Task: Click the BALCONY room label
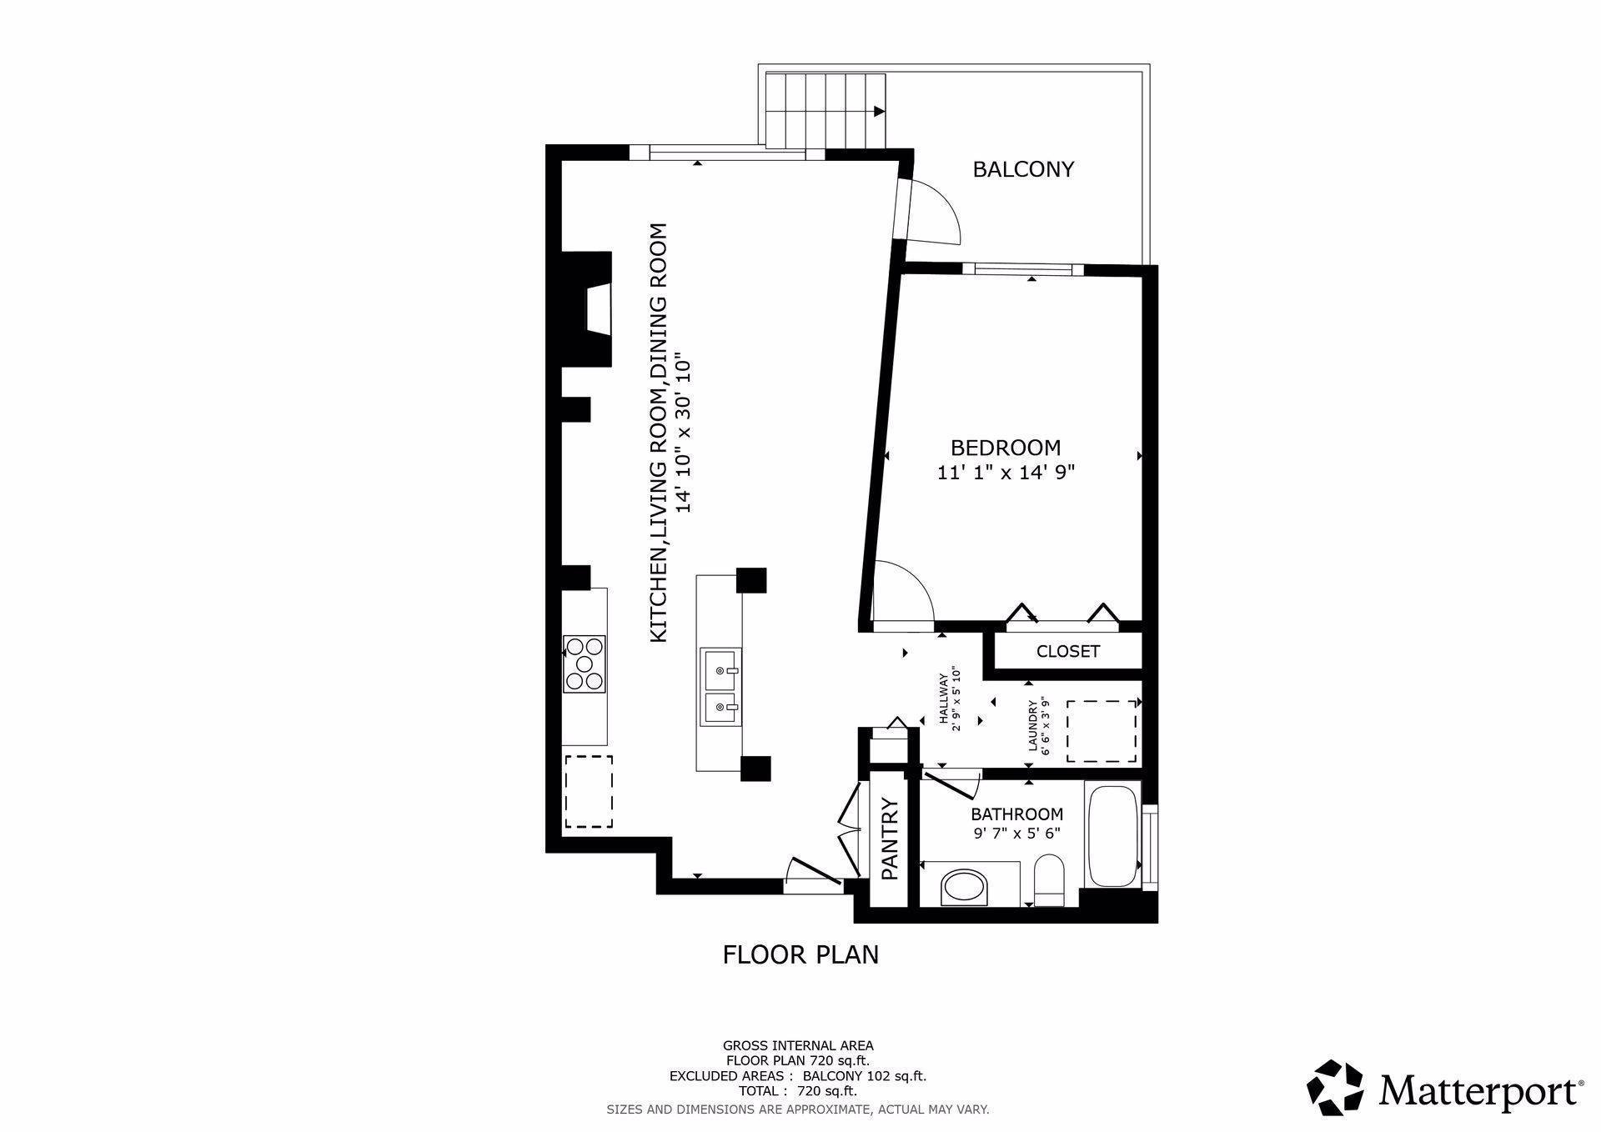click(x=1023, y=169)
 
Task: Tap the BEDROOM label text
click(x=1006, y=448)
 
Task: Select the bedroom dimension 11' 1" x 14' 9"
click(x=1006, y=473)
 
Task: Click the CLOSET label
click(x=1067, y=651)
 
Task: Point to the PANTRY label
click(x=890, y=839)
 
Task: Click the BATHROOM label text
click(x=1016, y=814)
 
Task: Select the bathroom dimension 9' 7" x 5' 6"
click(x=1016, y=834)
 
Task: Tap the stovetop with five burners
click(x=584, y=664)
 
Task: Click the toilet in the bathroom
click(x=1048, y=881)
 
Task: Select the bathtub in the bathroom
click(x=1112, y=836)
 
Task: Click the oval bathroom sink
click(x=964, y=888)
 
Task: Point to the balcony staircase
click(x=826, y=111)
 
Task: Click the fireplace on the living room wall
click(x=587, y=308)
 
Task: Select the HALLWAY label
click(x=950, y=701)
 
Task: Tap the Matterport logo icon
click(x=1335, y=1087)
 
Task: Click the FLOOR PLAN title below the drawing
click(x=800, y=954)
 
